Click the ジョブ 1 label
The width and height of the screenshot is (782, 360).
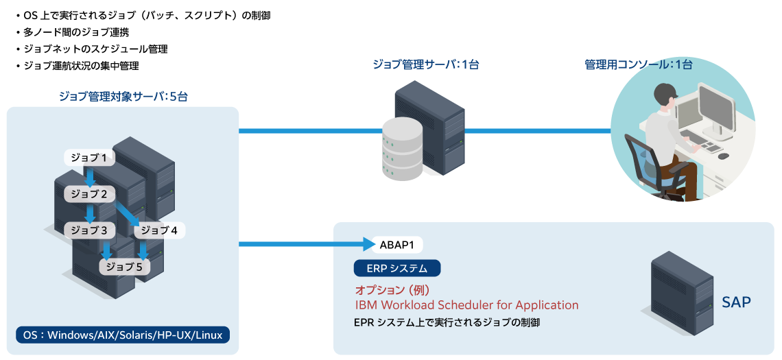[x=89, y=158]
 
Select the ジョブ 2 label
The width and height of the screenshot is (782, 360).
[x=89, y=194]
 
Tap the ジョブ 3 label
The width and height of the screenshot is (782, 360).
[x=89, y=230]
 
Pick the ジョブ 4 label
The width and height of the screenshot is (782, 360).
[x=159, y=230]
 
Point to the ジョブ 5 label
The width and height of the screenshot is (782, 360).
[x=124, y=267]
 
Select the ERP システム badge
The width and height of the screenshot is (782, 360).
[x=397, y=268]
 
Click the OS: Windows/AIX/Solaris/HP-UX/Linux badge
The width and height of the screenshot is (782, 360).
[x=123, y=335]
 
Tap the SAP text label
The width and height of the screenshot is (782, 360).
[x=736, y=302]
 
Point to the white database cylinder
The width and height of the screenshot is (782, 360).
[x=403, y=150]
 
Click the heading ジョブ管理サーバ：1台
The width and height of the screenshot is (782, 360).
[x=425, y=64]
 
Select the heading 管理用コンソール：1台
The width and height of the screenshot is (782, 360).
[x=638, y=64]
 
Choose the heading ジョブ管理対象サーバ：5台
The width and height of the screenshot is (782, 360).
[x=123, y=97]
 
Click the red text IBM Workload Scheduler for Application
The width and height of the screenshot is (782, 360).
[x=466, y=305]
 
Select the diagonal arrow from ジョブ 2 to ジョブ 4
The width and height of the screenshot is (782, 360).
[x=126, y=212]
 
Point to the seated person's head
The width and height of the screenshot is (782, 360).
[x=664, y=97]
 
